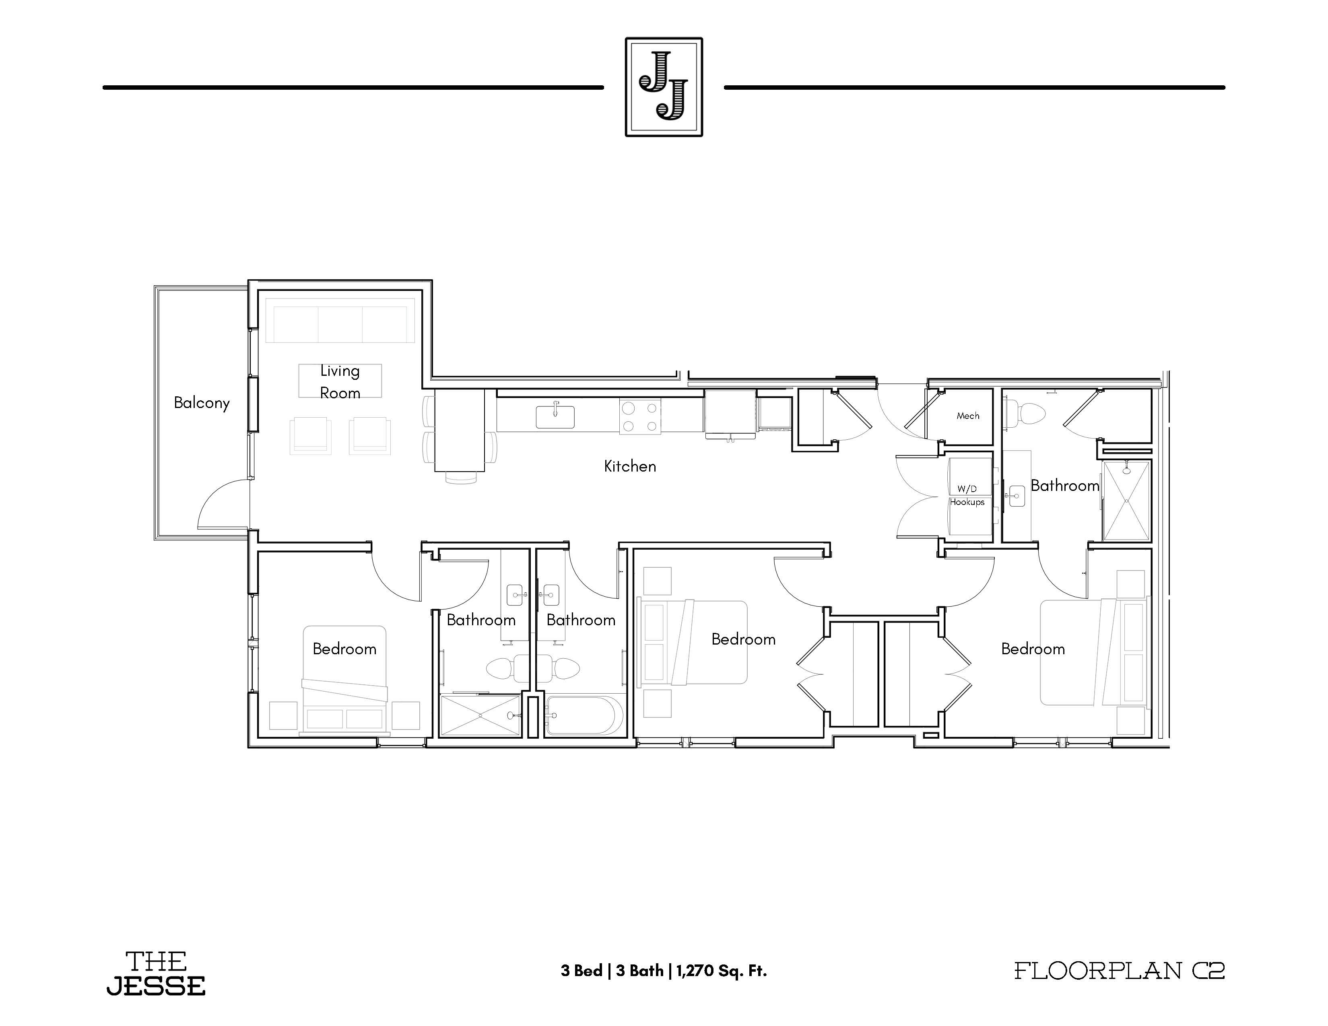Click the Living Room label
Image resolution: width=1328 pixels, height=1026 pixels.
click(340, 382)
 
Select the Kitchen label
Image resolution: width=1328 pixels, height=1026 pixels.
click(630, 466)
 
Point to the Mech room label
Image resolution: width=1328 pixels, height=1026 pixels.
click(968, 416)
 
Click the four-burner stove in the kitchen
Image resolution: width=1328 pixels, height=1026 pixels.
click(640, 416)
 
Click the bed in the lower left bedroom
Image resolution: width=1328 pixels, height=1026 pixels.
click(345, 681)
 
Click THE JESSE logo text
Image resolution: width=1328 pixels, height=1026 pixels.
click(156, 974)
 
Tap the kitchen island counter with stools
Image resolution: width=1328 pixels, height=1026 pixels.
click(460, 431)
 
